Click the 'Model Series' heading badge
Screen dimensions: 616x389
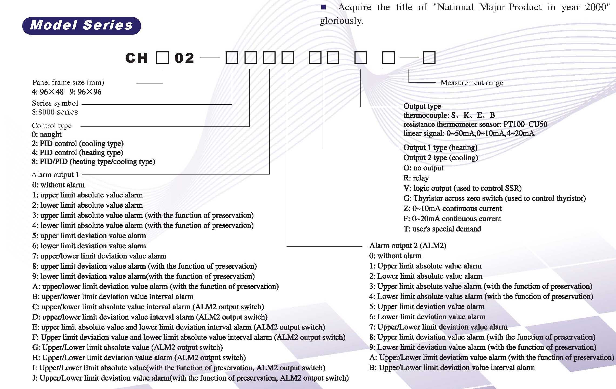coord(81,26)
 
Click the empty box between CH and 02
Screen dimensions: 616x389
coord(162,58)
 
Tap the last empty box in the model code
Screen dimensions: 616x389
coord(429,58)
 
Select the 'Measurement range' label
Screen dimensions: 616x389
coord(472,83)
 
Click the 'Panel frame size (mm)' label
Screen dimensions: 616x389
coord(68,82)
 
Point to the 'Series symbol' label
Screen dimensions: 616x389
coord(55,103)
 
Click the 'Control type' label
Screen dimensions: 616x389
coord(52,126)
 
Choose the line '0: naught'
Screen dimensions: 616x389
coord(46,135)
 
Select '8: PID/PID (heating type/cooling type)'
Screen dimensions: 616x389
coord(93,162)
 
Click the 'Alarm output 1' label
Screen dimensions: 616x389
coord(55,175)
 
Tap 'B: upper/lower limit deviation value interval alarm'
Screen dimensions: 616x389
coord(113,297)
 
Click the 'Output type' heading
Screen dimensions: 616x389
coord(422,106)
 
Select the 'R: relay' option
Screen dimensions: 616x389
coord(416,178)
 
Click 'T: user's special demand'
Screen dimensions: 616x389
coord(442,229)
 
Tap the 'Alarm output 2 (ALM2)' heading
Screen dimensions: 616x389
coord(408,246)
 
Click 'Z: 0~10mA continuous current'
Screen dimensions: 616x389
coord(453,209)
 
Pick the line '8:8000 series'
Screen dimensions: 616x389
coord(55,112)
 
